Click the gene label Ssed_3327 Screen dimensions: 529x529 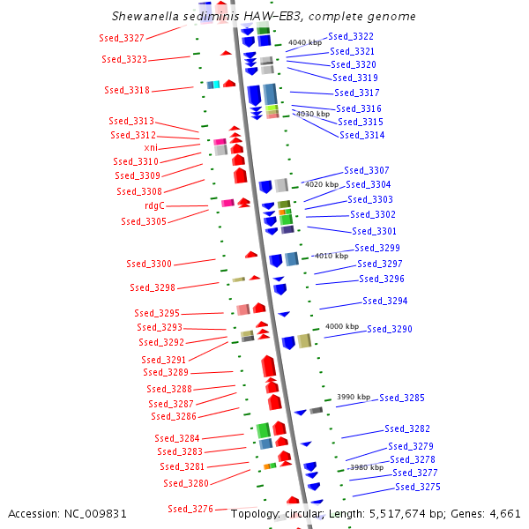pos(123,39)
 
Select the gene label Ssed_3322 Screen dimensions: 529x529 pos(351,37)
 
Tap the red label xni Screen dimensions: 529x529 pos(152,148)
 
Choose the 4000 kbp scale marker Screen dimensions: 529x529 pos(342,326)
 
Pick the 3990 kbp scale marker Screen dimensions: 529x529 pos(354,398)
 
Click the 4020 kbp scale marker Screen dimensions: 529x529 pos(321,184)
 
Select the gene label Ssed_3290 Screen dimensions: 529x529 pos(390,329)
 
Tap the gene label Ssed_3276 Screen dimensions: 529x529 pos(190,509)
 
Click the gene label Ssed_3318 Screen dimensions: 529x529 pos(127,91)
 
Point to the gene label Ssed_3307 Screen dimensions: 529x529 pos(367,170)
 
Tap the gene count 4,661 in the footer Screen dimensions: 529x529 pos(504,513)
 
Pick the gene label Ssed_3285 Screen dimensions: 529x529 pos(402,399)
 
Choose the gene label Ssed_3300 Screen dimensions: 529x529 pos(149,264)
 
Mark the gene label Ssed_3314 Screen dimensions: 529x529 pos(362,136)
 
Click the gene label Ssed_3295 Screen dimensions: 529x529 pos(157,313)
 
